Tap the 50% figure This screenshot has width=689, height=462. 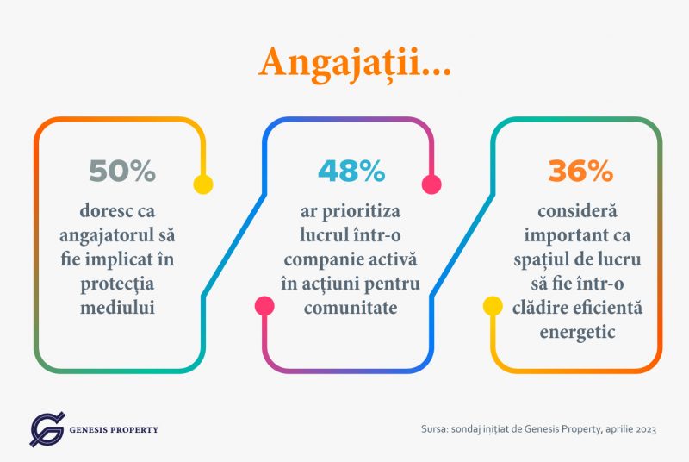tap(121, 172)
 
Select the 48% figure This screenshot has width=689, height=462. tap(351, 172)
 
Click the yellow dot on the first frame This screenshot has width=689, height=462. tap(202, 184)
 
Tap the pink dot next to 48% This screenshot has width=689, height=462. tap(431, 184)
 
